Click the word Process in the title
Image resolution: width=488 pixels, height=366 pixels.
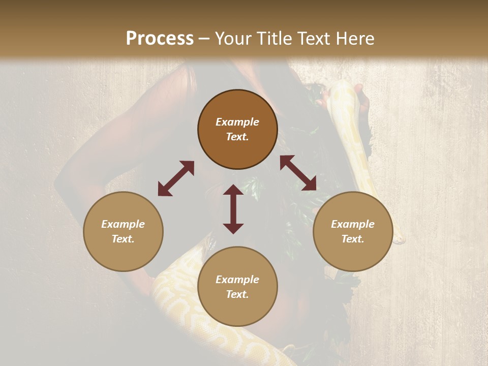coord(160,38)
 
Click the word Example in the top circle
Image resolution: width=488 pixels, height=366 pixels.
coord(237,122)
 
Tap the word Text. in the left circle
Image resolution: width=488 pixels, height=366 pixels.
coord(123,239)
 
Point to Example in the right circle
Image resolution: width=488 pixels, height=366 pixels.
coord(353,224)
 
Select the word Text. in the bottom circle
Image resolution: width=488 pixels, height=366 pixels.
coord(237,294)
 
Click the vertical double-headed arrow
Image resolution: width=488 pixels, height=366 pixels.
coord(233,209)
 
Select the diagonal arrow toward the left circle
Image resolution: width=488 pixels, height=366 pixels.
coord(176,178)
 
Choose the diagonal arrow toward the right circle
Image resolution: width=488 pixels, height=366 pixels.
coord(298,173)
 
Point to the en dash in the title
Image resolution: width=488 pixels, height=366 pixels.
coord(204,39)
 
